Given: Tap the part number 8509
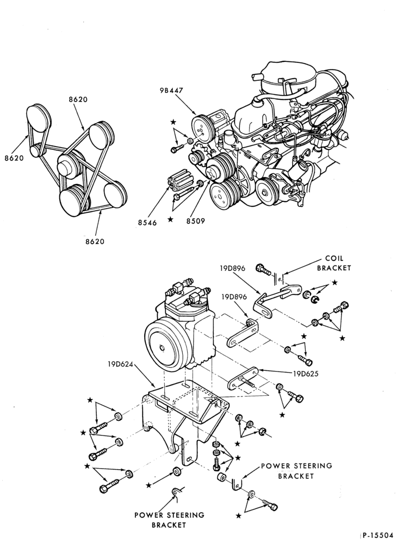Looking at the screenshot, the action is tap(195, 220).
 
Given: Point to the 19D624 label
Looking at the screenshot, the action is tap(120, 364).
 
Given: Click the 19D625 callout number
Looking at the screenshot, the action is tap(306, 374).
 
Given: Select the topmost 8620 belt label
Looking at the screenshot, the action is tap(78, 100).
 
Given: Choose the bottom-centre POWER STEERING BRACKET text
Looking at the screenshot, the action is tap(169, 520).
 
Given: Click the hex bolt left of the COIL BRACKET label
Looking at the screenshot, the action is tap(263, 269).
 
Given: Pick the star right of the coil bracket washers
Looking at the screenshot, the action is tap(335, 282).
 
